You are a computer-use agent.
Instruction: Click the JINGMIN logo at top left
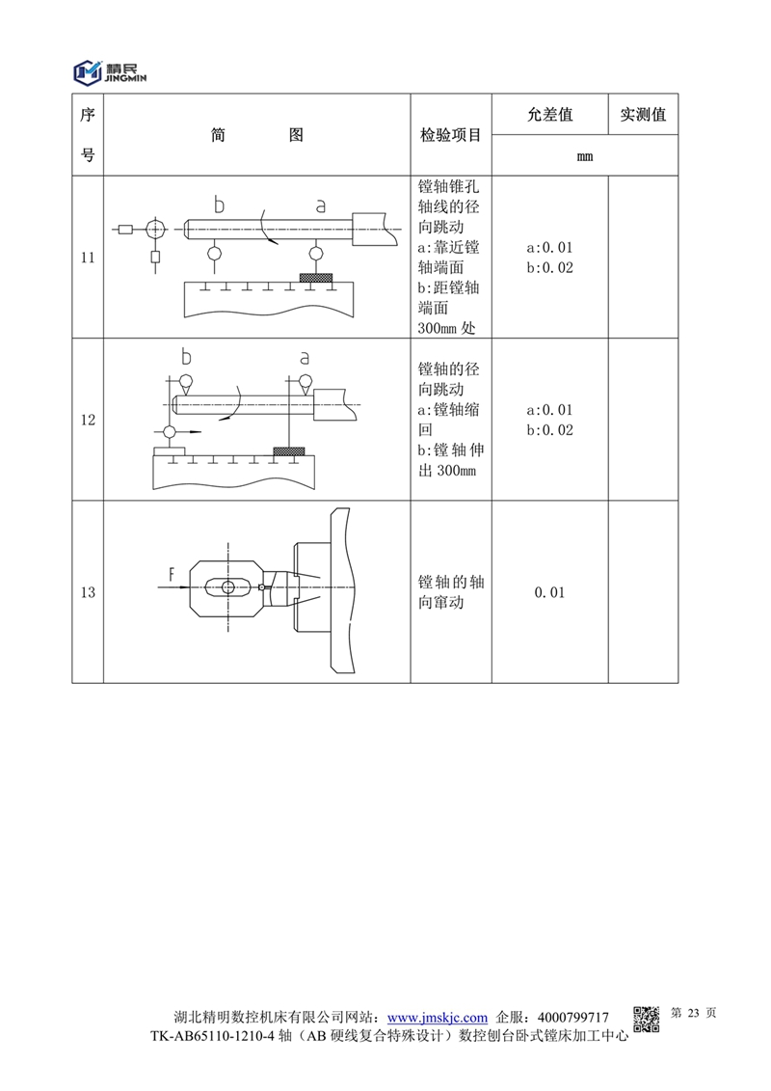[x=110, y=71]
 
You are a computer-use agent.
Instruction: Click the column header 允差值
[x=550, y=114]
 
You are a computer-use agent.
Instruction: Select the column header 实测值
[x=643, y=114]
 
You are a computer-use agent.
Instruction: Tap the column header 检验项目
[x=450, y=135]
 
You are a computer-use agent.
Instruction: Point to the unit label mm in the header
[x=585, y=156]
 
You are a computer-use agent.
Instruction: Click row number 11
[x=88, y=258]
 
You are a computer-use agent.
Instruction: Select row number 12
[x=88, y=420]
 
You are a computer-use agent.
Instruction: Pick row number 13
[x=88, y=592]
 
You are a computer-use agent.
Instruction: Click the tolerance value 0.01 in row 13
[x=549, y=592]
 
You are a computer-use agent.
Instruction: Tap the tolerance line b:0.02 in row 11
[x=549, y=268]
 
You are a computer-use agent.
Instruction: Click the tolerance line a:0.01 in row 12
[x=549, y=410]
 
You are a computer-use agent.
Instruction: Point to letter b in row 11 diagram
[x=219, y=205]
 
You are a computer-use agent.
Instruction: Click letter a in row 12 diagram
[x=305, y=358]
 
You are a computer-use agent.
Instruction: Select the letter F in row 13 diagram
[x=172, y=574]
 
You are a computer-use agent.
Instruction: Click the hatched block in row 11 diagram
[x=316, y=278]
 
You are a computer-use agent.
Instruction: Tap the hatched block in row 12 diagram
[x=289, y=451]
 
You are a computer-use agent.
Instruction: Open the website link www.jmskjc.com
[x=438, y=1018]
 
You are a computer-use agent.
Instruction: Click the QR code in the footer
[x=646, y=1020]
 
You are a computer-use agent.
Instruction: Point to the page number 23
[x=693, y=1013]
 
